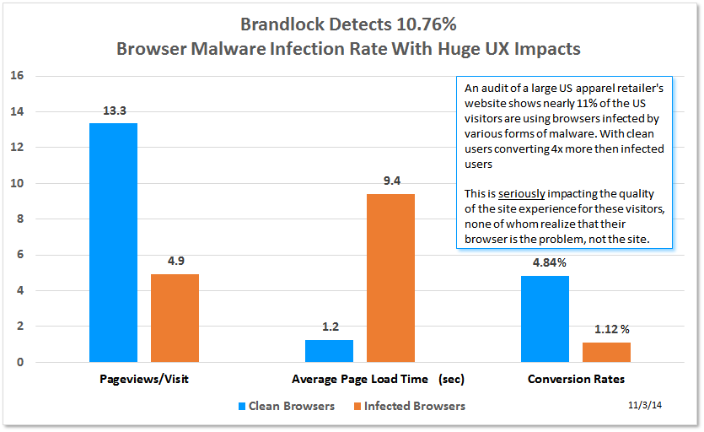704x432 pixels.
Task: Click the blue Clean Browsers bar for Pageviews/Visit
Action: click(x=113, y=243)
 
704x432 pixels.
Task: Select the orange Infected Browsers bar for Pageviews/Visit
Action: click(x=175, y=318)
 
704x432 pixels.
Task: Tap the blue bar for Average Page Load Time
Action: click(x=329, y=351)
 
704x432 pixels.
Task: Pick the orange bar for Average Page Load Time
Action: click(x=390, y=278)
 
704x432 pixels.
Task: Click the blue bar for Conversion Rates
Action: click(x=545, y=319)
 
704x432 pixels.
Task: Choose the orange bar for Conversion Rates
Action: click(x=606, y=352)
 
